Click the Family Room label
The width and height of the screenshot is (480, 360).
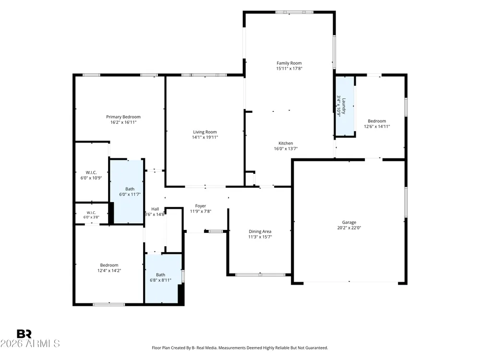(289, 63)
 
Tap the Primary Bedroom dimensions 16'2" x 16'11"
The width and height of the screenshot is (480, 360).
(123, 122)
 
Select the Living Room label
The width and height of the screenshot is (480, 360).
(205, 132)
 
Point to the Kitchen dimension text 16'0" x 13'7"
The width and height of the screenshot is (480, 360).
(286, 149)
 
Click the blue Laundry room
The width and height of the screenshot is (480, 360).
(345, 106)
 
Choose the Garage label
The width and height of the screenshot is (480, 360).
(349, 222)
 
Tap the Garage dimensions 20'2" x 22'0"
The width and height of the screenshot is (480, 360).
(349, 228)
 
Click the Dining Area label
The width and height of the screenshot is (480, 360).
(260, 231)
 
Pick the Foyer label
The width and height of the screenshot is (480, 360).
(201, 206)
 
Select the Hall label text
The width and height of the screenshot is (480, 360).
(155, 209)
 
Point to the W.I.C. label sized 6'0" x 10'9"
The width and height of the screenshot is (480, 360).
(91, 173)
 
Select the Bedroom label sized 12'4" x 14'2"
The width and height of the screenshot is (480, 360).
(109, 265)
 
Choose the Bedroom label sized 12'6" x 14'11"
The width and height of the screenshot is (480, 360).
(377, 121)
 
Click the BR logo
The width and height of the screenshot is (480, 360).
(24, 334)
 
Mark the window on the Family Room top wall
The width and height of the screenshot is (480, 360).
(295, 12)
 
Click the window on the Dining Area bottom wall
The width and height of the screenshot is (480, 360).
(260, 275)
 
